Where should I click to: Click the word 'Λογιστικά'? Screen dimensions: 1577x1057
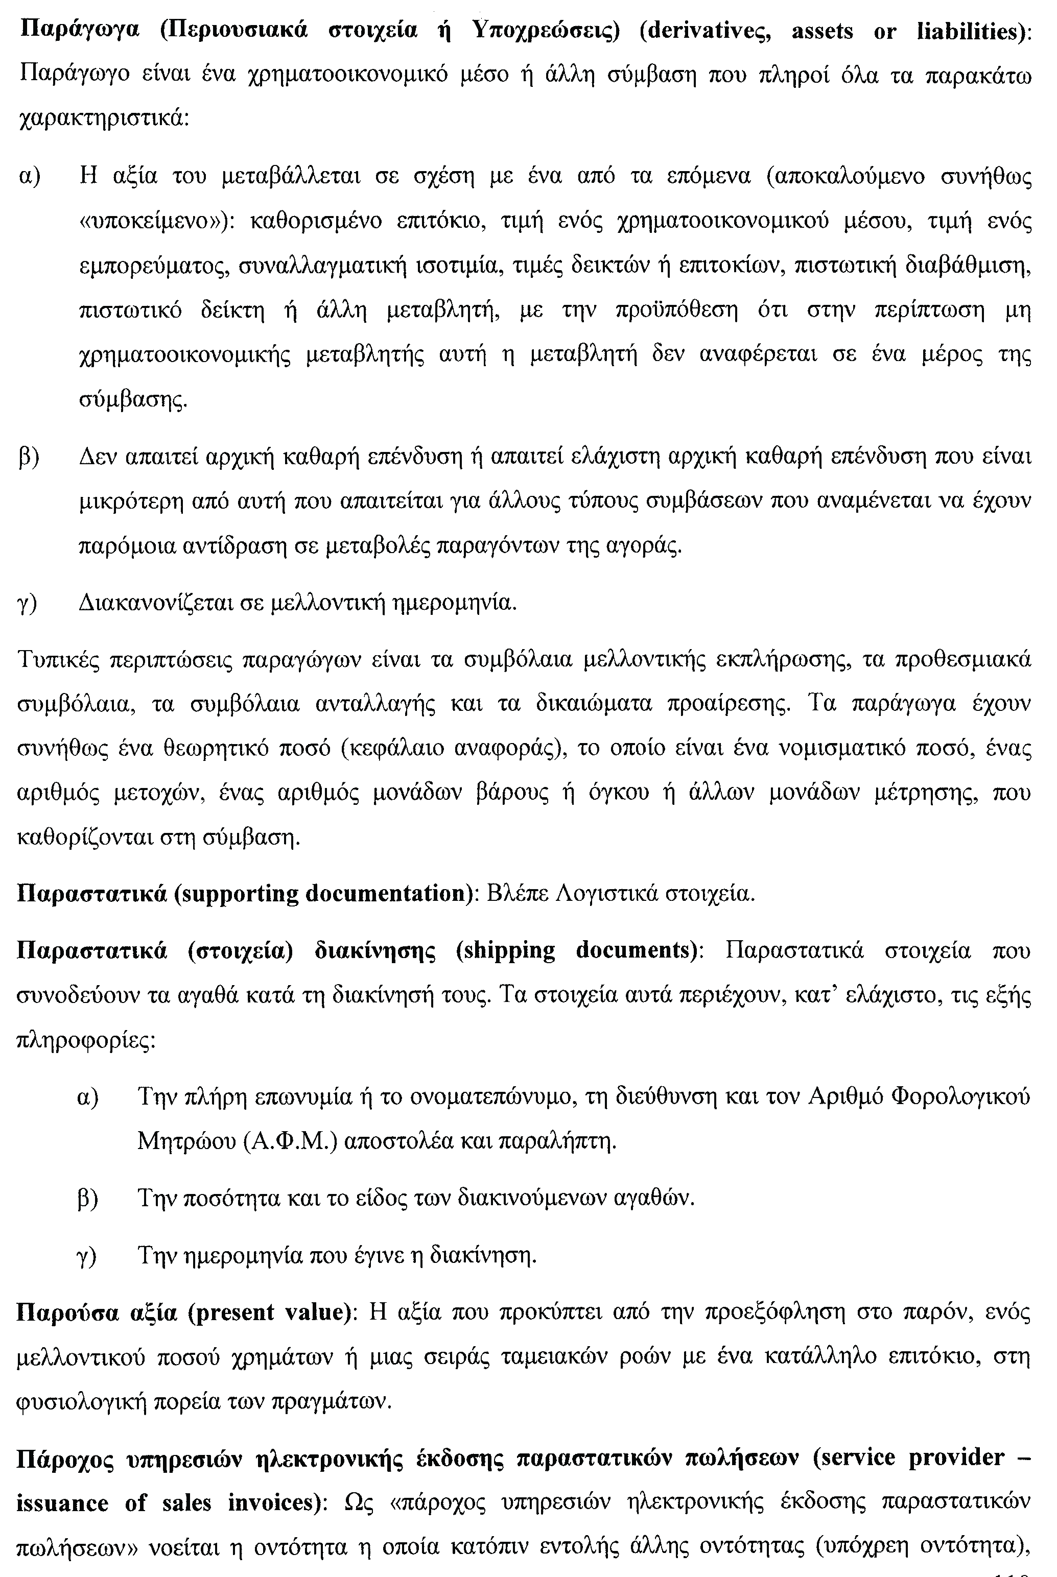pyautogui.click(x=607, y=894)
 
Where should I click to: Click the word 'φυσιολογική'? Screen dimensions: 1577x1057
pyautogui.click(x=80, y=1402)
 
